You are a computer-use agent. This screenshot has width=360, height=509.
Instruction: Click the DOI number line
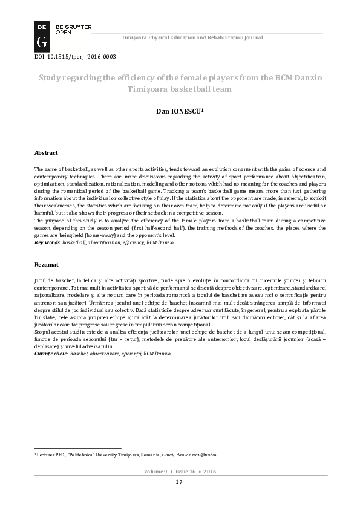tap(74, 57)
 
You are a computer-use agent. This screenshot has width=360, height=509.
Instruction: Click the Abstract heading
tap(47, 153)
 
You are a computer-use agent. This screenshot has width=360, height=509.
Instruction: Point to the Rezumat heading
tap(47, 265)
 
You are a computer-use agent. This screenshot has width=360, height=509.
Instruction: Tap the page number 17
tap(179, 482)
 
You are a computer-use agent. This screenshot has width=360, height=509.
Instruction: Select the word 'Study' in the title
tap(52, 78)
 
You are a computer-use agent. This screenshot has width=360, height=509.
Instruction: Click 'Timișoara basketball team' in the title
tap(179, 89)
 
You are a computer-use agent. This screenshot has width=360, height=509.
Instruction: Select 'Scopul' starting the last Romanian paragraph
tap(44, 332)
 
